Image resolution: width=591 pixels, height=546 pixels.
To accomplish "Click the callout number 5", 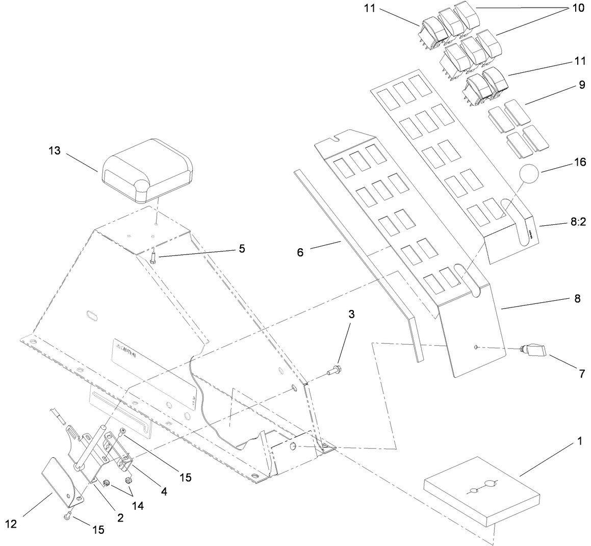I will pos(241,249).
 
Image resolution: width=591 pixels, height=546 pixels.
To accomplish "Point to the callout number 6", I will pos(300,252).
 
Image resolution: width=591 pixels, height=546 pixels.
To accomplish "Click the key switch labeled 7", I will pos(534,351).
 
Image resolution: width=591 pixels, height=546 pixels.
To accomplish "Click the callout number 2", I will pos(120,518).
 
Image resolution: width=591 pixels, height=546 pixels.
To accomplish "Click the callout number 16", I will pos(579,163).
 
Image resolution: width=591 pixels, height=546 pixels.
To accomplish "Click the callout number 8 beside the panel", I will pos(577,299).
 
